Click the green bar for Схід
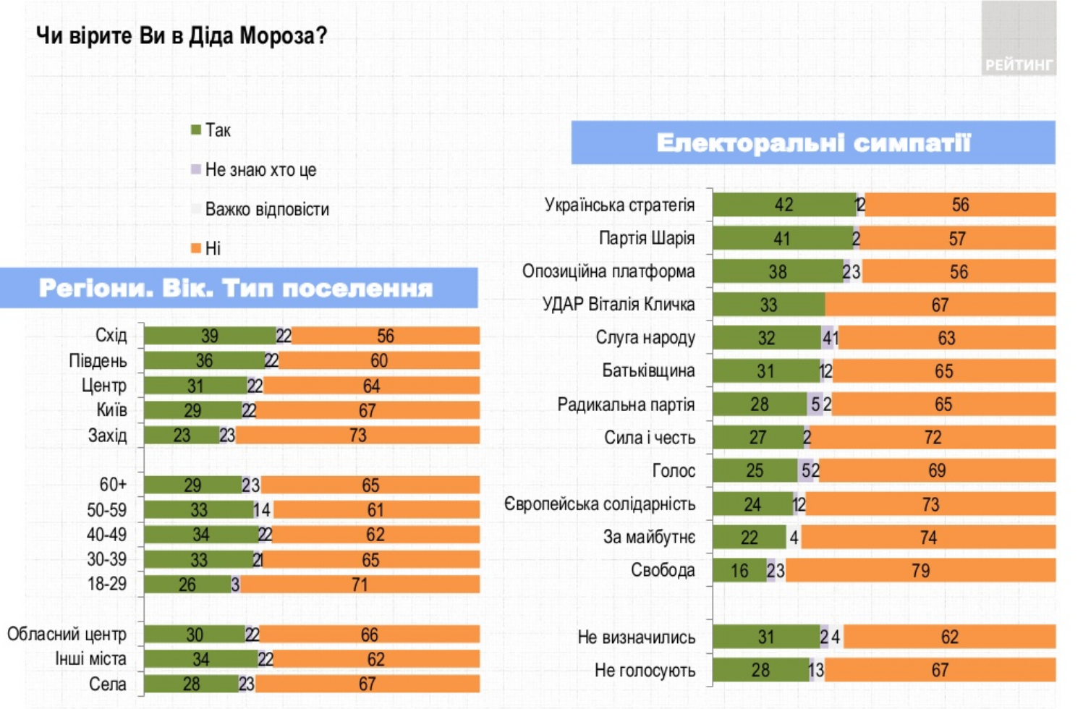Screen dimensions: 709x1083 [x=209, y=336]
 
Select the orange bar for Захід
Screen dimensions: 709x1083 [x=357, y=436]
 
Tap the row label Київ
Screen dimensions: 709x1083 [x=112, y=410]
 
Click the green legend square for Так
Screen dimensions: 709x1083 [x=195, y=130]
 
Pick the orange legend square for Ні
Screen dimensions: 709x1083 [x=195, y=249]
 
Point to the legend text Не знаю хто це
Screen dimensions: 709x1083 [x=260, y=170]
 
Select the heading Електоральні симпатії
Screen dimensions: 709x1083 [x=812, y=143]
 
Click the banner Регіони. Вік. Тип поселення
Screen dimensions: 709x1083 [x=237, y=289]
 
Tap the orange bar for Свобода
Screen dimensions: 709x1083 [x=920, y=571]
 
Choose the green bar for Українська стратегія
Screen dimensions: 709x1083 [x=783, y=205]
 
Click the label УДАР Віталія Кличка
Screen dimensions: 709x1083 [x=619, y=305]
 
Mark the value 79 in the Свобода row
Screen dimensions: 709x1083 [x=920, y=571]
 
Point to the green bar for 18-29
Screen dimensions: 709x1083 [x=187, y=585]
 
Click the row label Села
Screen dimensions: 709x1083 [x=108, y=684]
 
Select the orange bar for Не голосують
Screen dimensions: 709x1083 [x=939, y=671]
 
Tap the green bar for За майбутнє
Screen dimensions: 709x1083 [x=749, y=538]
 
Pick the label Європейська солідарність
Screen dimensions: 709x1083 [x=599, y=504]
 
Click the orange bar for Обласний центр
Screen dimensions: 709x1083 [x=369, y=634]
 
